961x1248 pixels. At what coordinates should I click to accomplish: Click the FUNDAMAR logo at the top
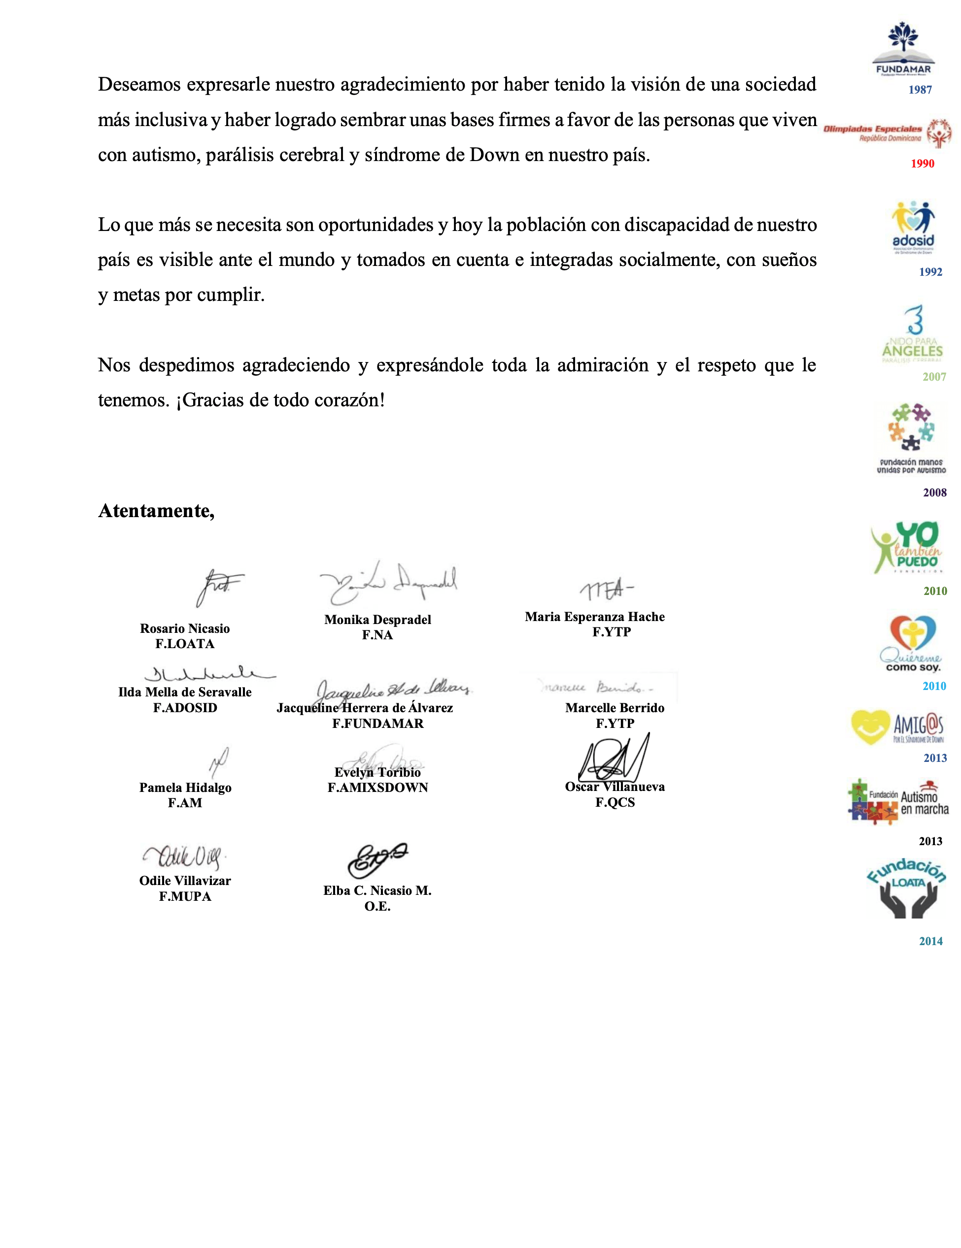[903, 49]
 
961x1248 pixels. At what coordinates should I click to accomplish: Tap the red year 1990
[922, 164]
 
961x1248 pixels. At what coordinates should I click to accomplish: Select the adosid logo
[913, 227]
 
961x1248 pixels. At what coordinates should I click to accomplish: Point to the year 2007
[933, 377]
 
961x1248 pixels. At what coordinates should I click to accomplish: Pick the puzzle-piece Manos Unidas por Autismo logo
[911, 438]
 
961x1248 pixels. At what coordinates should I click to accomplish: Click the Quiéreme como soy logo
[911, 643]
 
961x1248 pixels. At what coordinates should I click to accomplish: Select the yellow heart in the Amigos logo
[870, 727]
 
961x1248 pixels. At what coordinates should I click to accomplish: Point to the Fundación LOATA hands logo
[907, 888]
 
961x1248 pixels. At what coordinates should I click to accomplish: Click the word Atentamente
[156, 510]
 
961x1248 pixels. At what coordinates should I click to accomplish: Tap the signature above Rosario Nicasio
[218, 587]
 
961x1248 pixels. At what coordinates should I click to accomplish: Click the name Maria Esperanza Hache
[594, 617]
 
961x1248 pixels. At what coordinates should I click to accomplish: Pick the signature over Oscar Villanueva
[614, 759]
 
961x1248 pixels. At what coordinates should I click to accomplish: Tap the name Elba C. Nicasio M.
[378, 890]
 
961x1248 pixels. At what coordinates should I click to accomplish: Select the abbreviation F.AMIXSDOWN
[378, 788]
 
